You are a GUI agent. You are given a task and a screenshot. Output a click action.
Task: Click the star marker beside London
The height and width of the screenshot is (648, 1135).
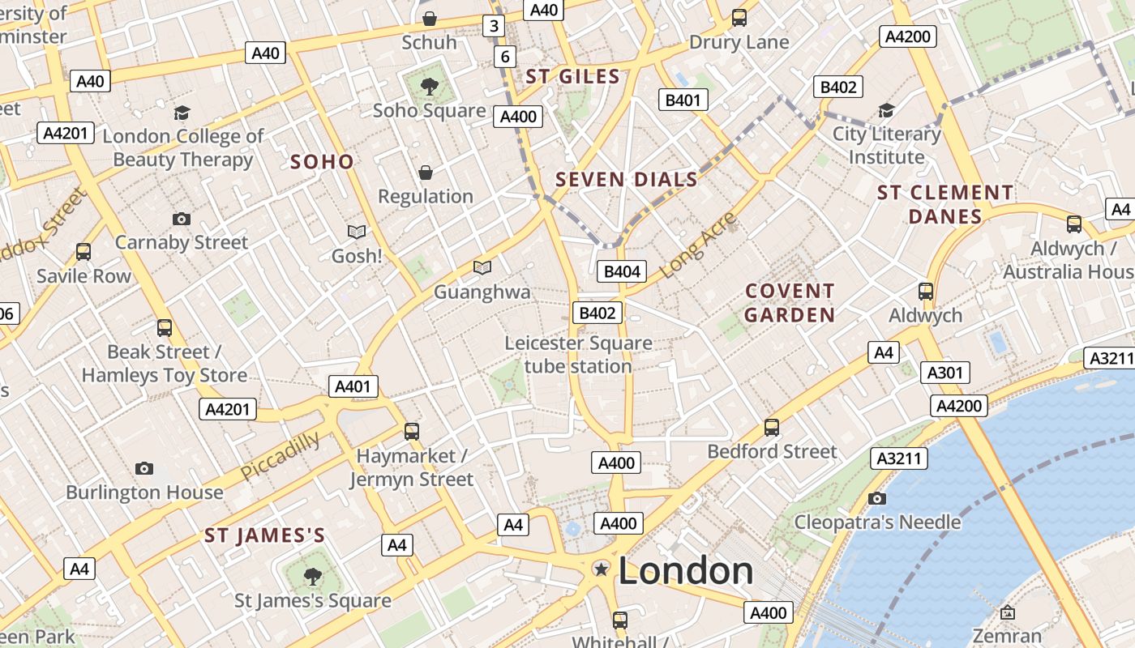click(602, 569)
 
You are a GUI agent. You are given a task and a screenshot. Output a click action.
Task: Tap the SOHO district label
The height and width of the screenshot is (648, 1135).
click(322, 162)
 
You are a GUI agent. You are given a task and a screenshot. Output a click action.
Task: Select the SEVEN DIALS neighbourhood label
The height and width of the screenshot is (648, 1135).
click(627, 180)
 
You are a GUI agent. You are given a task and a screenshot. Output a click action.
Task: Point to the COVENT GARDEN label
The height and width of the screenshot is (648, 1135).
click(790, 303)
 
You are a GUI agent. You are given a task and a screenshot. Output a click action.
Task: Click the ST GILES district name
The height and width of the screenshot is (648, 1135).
click(572, 77)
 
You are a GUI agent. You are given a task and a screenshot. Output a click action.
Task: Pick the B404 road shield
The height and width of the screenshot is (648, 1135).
click(622, 271)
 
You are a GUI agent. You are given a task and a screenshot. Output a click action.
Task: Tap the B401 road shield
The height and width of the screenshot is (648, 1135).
click(683, 100)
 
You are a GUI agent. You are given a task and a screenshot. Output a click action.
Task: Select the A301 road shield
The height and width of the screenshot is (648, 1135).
click(945, 373)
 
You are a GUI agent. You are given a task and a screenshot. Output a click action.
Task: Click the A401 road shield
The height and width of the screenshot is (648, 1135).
click(353, 386)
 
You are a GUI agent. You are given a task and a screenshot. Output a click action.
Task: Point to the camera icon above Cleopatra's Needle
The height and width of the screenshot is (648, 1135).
click(876, 498)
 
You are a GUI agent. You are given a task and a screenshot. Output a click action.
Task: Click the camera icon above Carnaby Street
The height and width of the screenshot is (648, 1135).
click(182, 219)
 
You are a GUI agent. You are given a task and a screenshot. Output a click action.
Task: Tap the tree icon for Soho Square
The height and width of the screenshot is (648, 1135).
click(429, 85)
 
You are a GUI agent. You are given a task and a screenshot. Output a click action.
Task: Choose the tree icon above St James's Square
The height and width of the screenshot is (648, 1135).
click(312, 577)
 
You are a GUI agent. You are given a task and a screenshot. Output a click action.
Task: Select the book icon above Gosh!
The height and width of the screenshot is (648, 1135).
click(357, 232)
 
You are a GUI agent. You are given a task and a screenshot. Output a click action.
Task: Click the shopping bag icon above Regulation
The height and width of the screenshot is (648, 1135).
click(426, 173)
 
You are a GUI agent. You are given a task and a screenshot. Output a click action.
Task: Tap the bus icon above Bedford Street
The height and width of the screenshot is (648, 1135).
click(772, 427)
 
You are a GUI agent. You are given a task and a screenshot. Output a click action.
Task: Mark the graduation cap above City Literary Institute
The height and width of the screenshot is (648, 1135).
click(886, 110)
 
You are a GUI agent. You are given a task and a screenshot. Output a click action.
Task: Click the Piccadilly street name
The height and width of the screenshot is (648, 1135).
click(281, 455)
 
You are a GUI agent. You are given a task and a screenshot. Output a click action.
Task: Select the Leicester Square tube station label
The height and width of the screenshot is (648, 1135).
click(578, 355)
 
